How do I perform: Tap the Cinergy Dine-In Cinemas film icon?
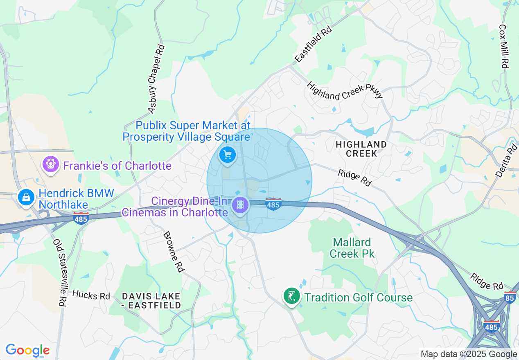point(240,205)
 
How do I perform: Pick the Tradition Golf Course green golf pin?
point(291,296)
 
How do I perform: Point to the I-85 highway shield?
point(510,297)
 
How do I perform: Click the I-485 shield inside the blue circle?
point(273,204)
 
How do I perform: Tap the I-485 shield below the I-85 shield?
point(491,327)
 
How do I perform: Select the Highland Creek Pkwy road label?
point(345,90)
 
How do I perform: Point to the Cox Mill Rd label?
point(503,46)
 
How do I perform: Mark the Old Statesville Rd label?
point(59,272)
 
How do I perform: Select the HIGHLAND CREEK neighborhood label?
point(361,149)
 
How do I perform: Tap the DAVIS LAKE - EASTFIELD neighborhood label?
point(151,300)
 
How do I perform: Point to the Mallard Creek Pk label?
point(352,248)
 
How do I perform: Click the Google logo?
point(27,350)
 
